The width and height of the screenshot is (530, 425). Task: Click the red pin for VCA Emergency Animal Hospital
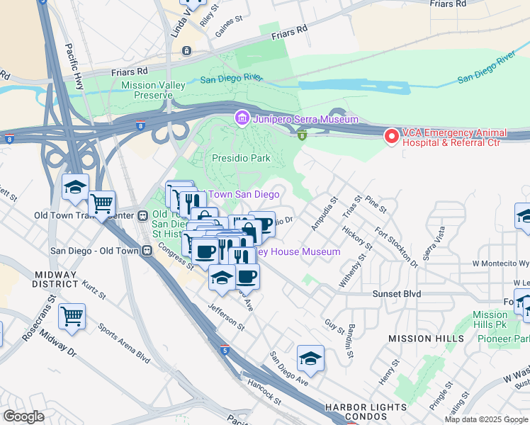click(x=390, y=135)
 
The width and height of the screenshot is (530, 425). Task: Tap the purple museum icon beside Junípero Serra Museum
click(x=242, y=118)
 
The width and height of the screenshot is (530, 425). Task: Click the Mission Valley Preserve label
click(x=153, y=90)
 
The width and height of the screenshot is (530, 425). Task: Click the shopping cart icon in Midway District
click(x=72, y=315)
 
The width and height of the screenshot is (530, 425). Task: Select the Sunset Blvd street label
click(x=397, y=293)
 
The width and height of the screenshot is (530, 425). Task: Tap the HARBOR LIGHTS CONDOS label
click(x=366, y=408)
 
